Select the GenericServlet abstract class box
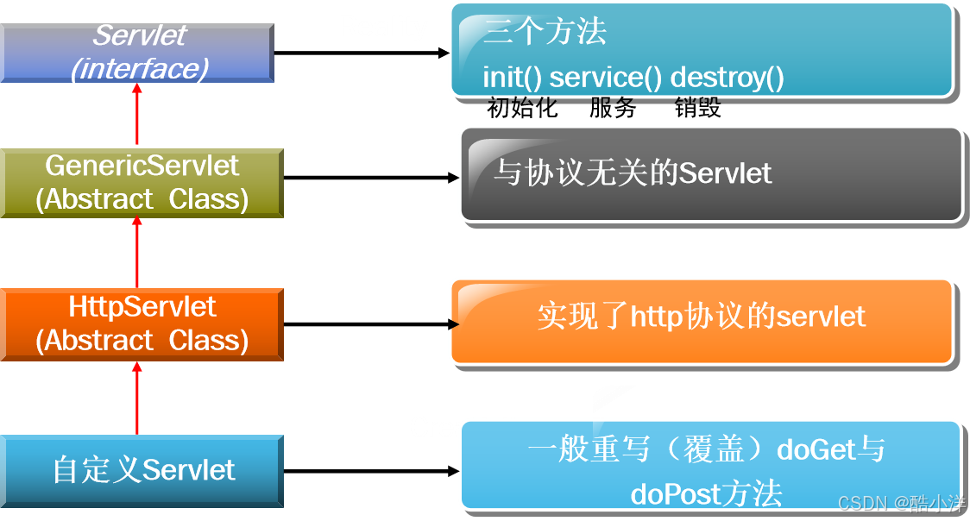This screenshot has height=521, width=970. coord(142,183)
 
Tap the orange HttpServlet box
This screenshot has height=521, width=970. coord(142,324)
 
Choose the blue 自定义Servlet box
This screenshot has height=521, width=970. coord(142,471)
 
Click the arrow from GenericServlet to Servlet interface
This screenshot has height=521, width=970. coord(136,116)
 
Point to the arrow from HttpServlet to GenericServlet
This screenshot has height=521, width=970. coord(136,253)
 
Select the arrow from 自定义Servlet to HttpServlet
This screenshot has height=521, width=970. coord(136,398)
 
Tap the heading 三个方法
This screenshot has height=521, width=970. coord(545,32)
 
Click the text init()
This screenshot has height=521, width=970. coord(513,78)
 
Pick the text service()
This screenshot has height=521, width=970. coord(606,78)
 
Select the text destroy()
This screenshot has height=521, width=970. coord(727,78)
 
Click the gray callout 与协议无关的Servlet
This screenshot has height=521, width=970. coord(710,173)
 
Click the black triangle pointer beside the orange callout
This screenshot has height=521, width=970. coord(453,324)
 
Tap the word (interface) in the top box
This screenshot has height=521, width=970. coord(140,69)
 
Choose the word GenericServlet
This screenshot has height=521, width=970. coord(142,166)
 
